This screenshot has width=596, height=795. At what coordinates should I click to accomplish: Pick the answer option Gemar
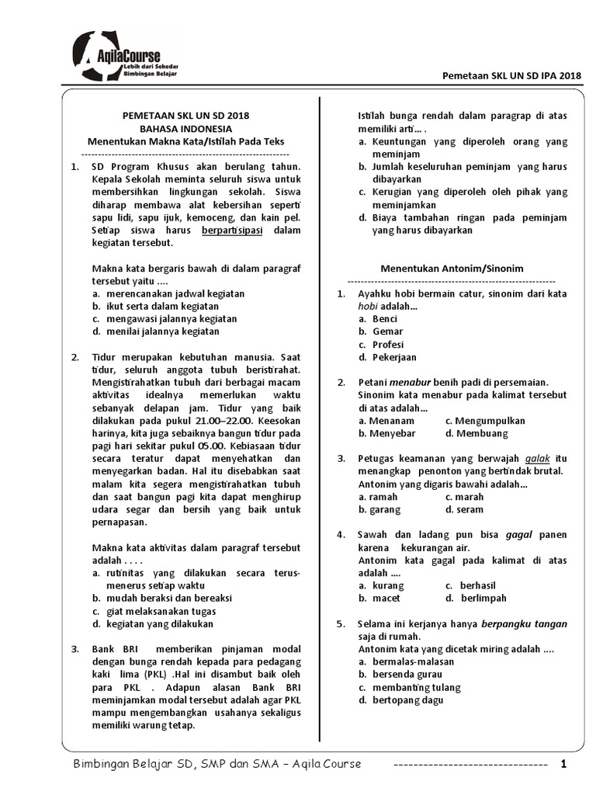coord(388,332)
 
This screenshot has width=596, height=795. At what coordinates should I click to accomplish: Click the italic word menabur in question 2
coord(410,382)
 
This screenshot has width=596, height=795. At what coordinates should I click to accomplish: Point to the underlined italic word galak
coord(537,458)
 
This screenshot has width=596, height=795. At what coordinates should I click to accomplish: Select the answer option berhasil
coord(477,585)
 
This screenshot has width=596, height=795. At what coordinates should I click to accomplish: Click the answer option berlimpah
coord(483,598)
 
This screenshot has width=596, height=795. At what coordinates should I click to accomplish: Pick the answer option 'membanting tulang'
coord(416,687)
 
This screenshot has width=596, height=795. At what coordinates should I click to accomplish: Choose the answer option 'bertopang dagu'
coord(408,700)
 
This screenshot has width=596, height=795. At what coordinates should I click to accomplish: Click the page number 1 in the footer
coord(564,764)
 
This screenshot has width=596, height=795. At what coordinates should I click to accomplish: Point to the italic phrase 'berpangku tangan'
coord(525,623)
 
